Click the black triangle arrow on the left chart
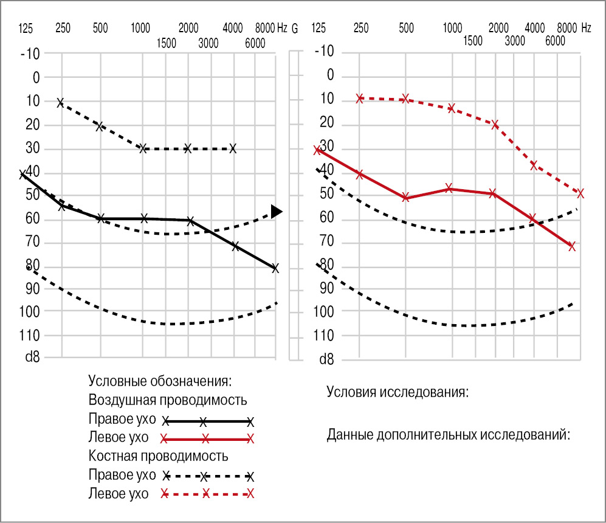coord(277,212)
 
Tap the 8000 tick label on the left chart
coord(265,27)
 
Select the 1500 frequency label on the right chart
coord(472,41)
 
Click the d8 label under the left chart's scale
coord(32,358)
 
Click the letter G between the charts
coord(295,27)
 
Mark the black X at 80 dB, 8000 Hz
coord(275,268)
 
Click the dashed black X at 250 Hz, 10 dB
coord(60,103)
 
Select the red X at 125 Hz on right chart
coord(317,150)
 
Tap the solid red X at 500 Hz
coord(405,198)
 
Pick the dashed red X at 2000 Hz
coord(495,125)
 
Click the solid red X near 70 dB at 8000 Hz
coord(571,246)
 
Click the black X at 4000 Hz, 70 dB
coord(235,246)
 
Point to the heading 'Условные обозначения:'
coord(160,381)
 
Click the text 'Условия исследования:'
coord(398,391)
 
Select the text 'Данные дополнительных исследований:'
coord(448,435)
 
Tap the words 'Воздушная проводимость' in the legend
coord(167,400)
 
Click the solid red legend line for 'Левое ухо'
coord(206,438)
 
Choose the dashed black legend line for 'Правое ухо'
coord(206,476)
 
